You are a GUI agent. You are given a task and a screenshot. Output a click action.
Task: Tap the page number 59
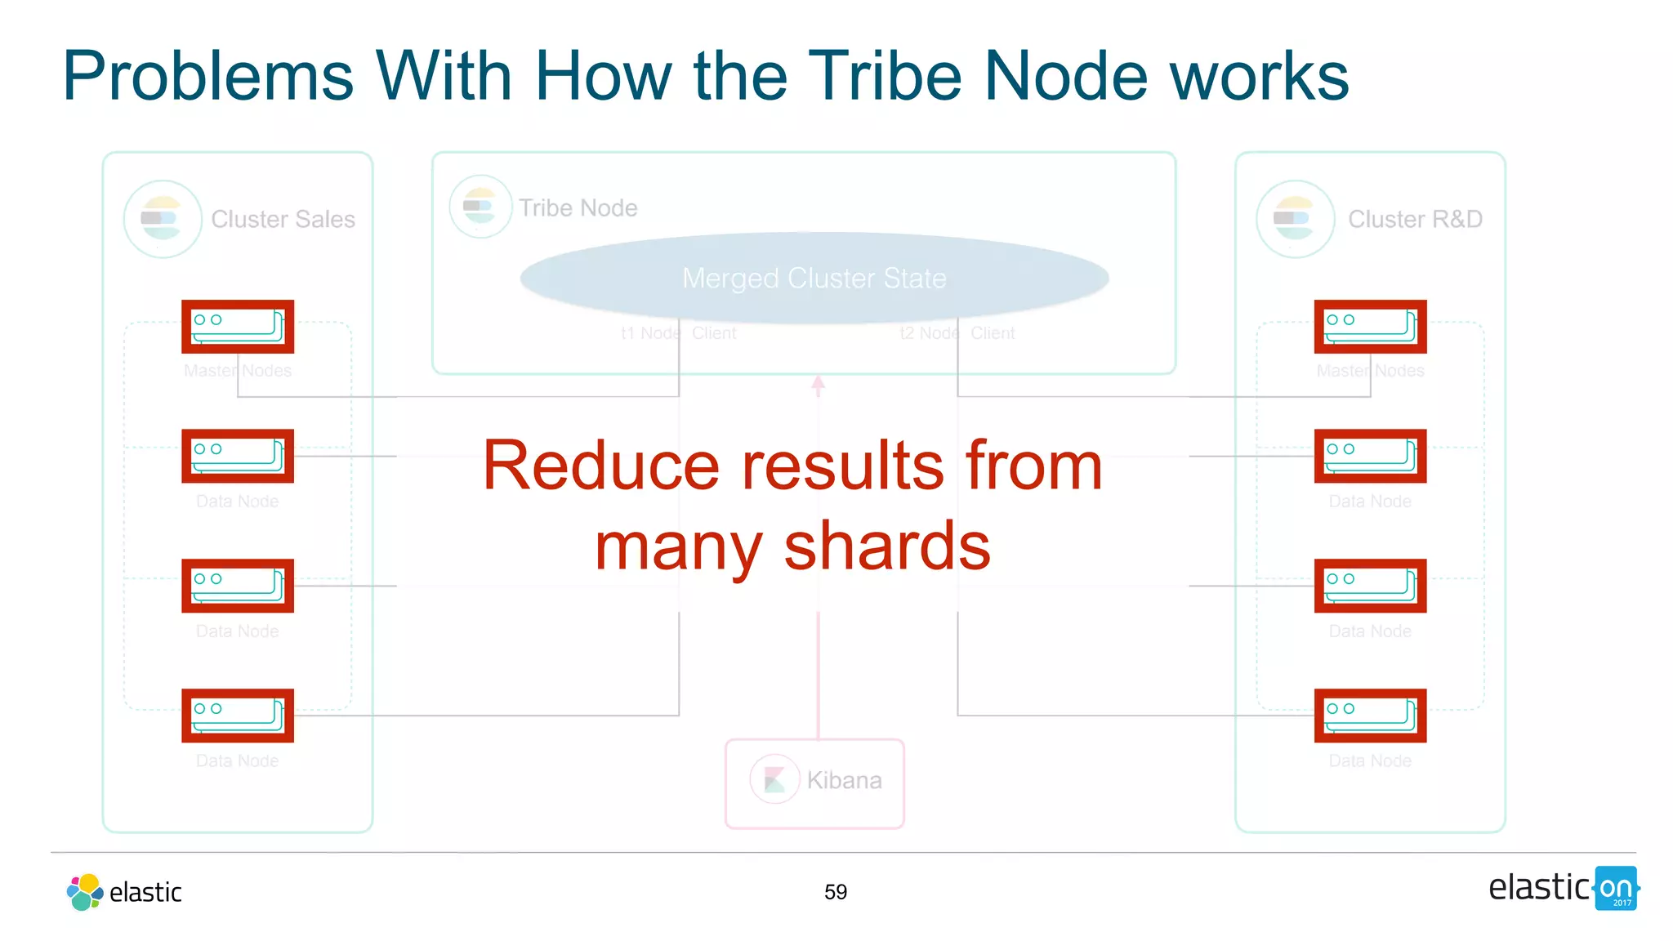tap(835, 892)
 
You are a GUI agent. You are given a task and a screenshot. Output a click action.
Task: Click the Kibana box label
tap(844, 780)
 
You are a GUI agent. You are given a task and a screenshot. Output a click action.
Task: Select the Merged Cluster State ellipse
tap(814, 278)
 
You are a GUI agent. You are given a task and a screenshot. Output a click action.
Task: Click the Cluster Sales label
tap(283, 219)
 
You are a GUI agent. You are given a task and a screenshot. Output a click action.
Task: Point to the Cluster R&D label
tap(1414, 219)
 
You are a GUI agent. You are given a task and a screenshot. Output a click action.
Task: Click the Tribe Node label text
tap(578, 207)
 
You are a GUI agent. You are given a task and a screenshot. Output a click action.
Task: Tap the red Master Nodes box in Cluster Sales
tap(238, 327)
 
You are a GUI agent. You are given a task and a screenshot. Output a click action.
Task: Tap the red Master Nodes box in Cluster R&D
tap(1370, 327)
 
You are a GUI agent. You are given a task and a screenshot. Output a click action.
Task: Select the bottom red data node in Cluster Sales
tap(238, 716)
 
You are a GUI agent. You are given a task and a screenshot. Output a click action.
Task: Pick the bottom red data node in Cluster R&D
tap(1370, 716)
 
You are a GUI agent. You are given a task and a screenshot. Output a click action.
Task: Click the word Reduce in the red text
tap(600, 466)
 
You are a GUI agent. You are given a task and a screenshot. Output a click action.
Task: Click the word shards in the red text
tap(887, 546)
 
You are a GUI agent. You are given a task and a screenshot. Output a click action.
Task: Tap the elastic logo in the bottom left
tap(124, 892)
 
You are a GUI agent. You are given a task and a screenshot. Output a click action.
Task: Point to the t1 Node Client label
tap(678, 333)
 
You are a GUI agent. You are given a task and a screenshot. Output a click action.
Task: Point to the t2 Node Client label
tap(957, 333)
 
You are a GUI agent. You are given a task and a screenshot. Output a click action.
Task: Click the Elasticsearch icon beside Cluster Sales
tap(162, 219)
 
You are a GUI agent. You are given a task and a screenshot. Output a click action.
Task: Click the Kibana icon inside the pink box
tap(774, 780)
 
